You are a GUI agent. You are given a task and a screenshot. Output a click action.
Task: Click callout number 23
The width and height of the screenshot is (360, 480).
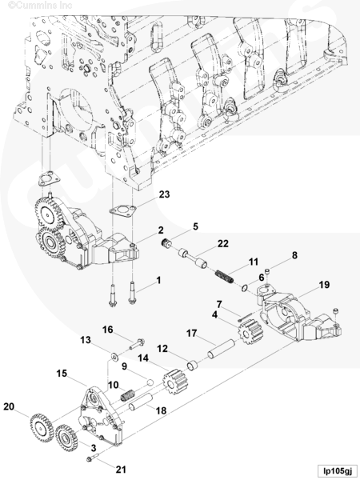coord(164,194)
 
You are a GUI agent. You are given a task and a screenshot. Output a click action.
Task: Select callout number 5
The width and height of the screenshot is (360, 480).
coord(195,226)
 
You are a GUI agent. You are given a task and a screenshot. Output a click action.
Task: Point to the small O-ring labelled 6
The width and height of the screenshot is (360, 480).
coord(244,288)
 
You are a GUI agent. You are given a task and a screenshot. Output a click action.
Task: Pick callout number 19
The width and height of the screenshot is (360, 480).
coord(324,285)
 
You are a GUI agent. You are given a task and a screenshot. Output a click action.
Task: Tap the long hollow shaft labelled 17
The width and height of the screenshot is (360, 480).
coord(221,349)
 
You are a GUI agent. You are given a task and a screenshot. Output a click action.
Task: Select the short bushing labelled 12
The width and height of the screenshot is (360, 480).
coord(193,366)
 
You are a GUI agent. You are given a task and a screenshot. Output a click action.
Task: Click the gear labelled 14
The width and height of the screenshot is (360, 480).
coord(174,382)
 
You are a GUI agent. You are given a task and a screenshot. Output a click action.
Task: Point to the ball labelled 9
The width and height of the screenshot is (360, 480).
coord(150,382)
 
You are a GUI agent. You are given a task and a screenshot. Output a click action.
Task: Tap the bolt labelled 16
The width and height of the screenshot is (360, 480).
coord(137,344)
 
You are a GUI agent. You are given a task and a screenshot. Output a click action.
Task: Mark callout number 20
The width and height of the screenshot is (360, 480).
coord(9,406)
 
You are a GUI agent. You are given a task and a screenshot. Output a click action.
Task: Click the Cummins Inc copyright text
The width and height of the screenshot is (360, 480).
coord(40,6)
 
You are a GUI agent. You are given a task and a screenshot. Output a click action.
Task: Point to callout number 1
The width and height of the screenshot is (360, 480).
coord(158,280)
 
